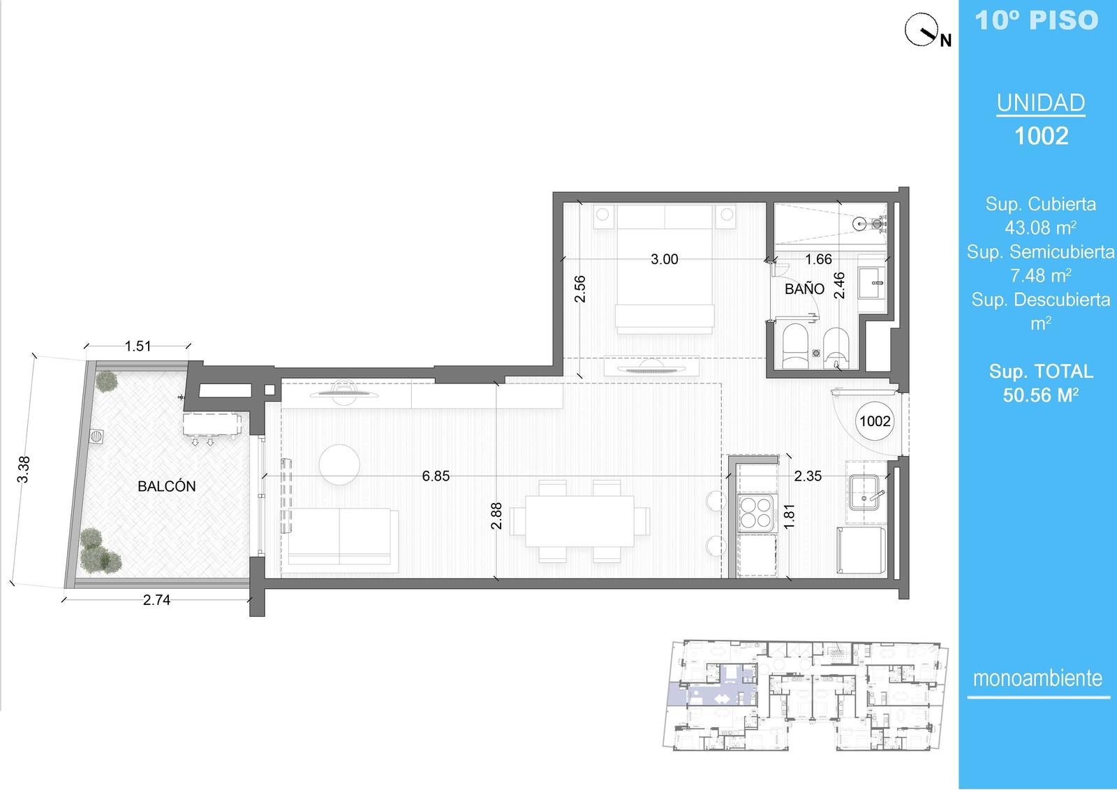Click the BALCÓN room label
tap(167, 486)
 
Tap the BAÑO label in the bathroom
tap(804, 288)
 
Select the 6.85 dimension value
tap(436, 476)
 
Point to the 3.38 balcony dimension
tap(24, 469)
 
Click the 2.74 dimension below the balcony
tap(156, 599)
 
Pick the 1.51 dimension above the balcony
tap(138, 346)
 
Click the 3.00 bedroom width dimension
tap(664, 259)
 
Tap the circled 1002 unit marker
tap(875, 421)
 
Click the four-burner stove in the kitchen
tap(757, 513)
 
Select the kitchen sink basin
tap(864, 492)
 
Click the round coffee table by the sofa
tap(339, 465)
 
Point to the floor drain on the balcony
tap(97, 436)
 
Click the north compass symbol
tap(922, 31)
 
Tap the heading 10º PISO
tap(1037, 20)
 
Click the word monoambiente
tap(1037, 678)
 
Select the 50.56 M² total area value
tap(1041, 395)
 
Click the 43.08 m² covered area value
tap(1041, 228)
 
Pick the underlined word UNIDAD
tap(1041, 103)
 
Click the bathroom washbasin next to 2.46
tap(872, 282)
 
